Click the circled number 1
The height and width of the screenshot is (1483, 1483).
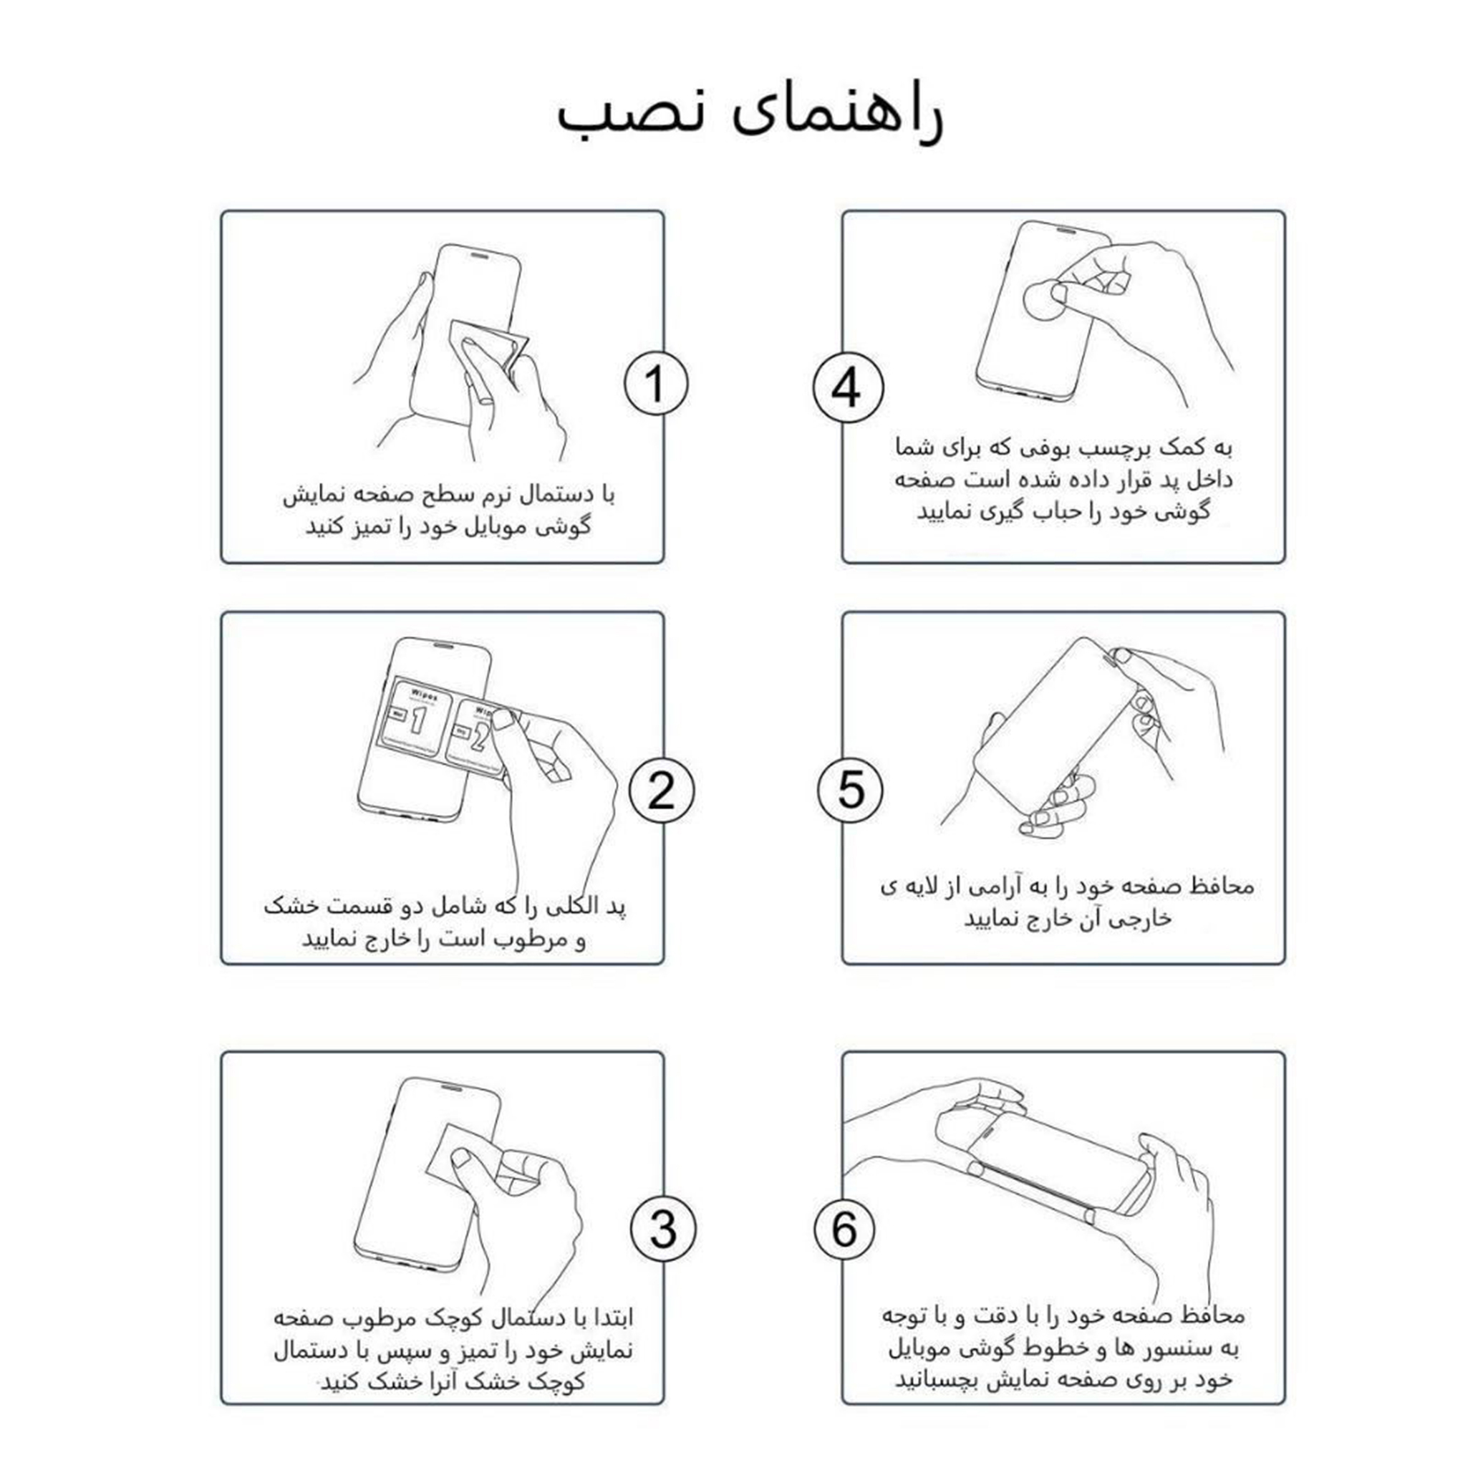click(x=655, y=384)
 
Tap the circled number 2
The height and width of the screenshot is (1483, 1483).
click(x=661, y=791)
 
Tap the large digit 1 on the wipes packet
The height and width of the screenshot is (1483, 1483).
click(x=417, y=720)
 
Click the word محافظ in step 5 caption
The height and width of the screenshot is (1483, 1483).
click(x=1225, y=886)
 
